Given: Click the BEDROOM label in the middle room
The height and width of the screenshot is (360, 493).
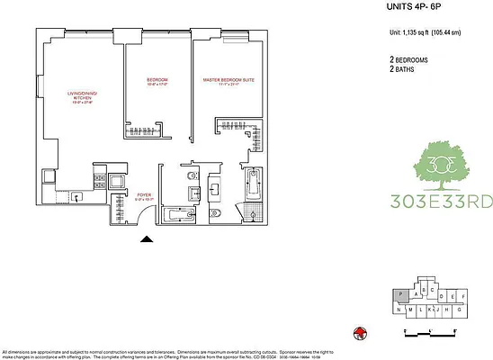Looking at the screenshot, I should (x=157, y=80).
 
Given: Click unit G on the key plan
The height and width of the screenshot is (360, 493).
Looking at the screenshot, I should (x=461, y=310).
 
